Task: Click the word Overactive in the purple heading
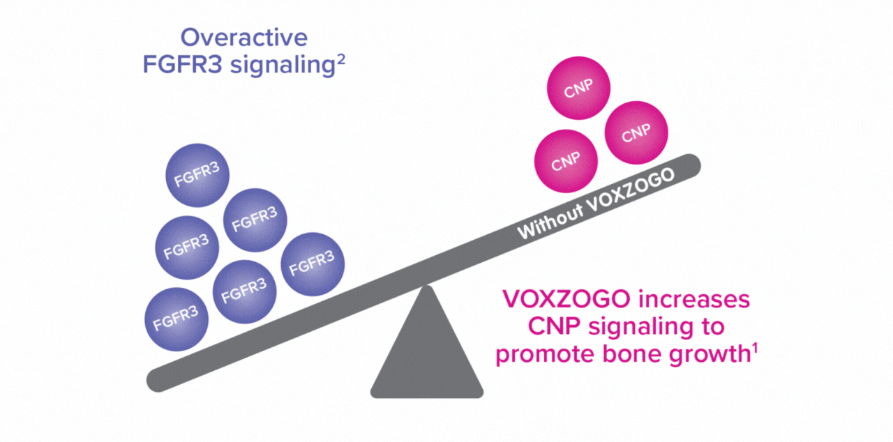(x=244, y=37)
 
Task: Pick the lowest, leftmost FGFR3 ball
(x=176, y=320)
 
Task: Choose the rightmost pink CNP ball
(x=636, y=133)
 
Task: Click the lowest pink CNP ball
(x=566, y=162)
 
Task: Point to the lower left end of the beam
(x=158, y=380)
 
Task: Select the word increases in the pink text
(x=698, y=300)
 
